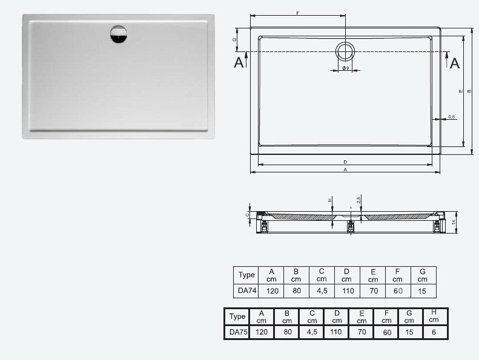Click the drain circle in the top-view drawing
point(345,51)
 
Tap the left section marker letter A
point(239,62)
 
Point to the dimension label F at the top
point(297,13)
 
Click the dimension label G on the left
point(234,39)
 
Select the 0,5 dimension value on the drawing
point(451,116)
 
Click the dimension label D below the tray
point(345,162)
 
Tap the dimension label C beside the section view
point(246,214)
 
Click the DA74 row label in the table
point(246,290)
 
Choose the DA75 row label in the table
point(237,332)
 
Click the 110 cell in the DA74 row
point(346,290)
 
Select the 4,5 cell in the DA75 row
point(311,332)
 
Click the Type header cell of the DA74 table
point(246,275)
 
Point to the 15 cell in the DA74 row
point(423,290)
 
